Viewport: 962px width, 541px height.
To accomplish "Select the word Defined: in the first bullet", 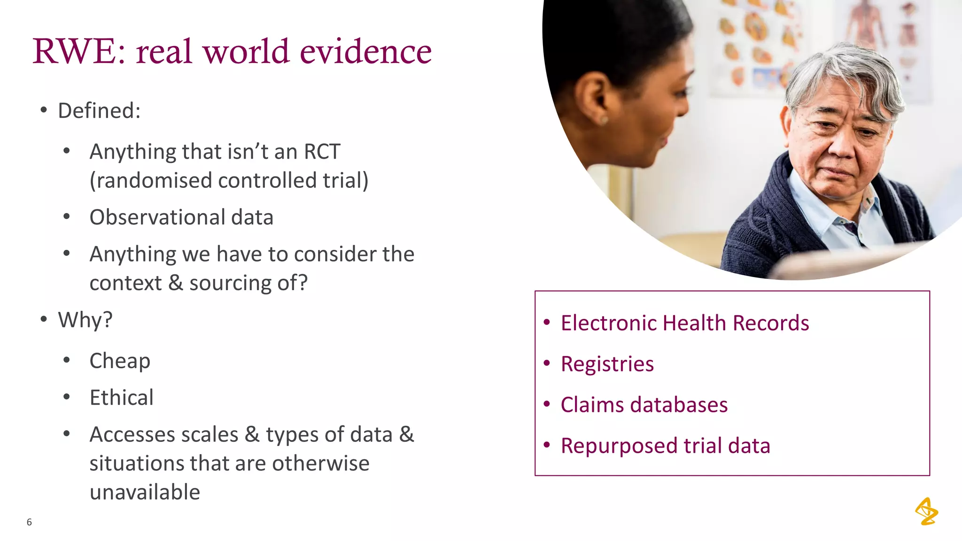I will (x=99, y=111).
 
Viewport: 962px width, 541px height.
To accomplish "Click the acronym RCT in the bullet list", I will (x=322, y=152).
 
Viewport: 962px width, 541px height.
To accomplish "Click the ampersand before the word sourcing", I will (x=175, y=283).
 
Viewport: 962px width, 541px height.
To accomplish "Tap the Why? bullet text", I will (x=85, y=320).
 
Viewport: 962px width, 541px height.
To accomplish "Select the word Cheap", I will (x=120, y=361).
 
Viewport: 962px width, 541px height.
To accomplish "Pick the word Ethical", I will (x=121, y=398).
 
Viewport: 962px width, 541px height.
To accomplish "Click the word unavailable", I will (x=145, y=492).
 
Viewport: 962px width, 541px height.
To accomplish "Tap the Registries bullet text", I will (x=607, y=364).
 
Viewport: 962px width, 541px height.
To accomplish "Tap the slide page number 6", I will (x=29, y=522).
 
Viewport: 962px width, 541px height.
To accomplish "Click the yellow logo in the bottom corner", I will (x=926, y=511).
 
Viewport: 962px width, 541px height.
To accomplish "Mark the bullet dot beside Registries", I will (x=546, y=363).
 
